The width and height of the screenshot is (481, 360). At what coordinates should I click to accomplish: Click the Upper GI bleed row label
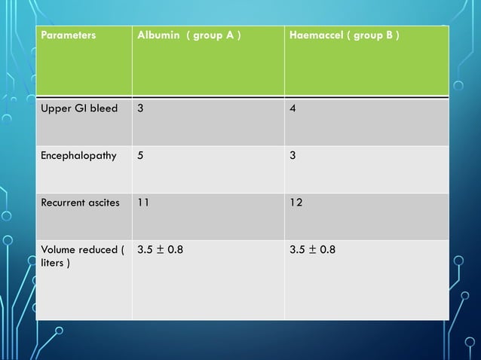pos(79,108)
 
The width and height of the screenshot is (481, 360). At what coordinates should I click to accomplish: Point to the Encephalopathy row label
pos(79,157)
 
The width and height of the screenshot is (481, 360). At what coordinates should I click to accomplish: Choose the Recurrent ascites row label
pos(81,203)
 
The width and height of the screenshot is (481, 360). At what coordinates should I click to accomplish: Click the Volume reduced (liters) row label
pos(80,256)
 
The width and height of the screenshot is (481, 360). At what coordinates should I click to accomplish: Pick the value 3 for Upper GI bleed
pos(140,108)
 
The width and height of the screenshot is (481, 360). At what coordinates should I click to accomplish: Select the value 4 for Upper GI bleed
pos(294,108)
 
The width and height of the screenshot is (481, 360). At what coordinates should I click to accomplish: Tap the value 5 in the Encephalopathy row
pos(140,157)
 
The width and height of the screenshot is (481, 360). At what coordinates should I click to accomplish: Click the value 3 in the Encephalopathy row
pos(294,157)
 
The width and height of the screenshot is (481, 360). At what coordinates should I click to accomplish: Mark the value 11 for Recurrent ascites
pos(143,203)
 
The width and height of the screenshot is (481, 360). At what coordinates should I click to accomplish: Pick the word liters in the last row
pos(51,263)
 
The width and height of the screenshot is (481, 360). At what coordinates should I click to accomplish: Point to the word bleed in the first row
pos(104,108)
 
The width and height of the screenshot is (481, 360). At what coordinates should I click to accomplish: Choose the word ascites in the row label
pos(104,203)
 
